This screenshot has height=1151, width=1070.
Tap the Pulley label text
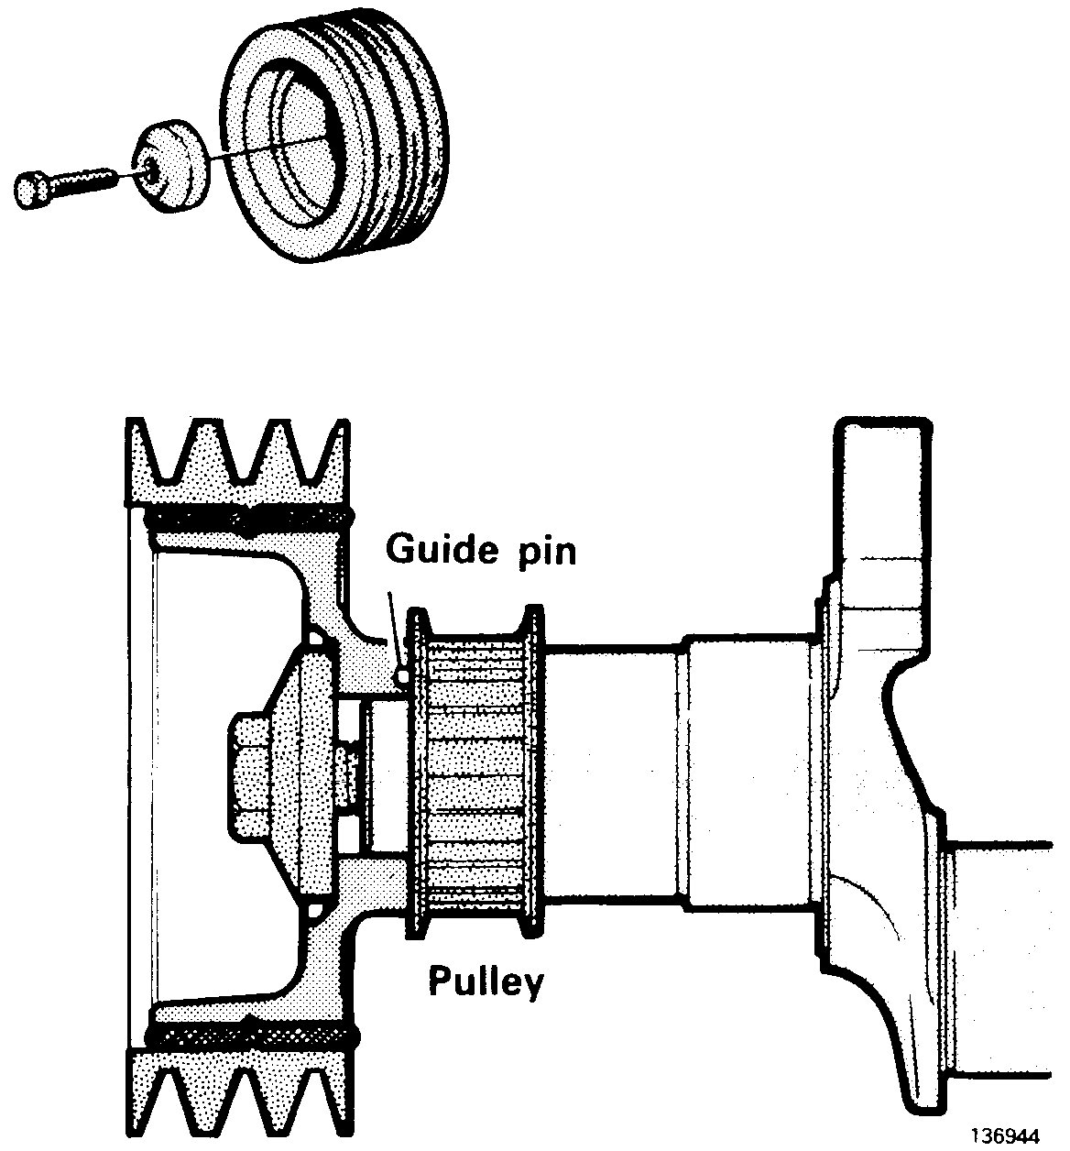[486, 982]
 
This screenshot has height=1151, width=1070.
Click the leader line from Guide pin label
[394, 632]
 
